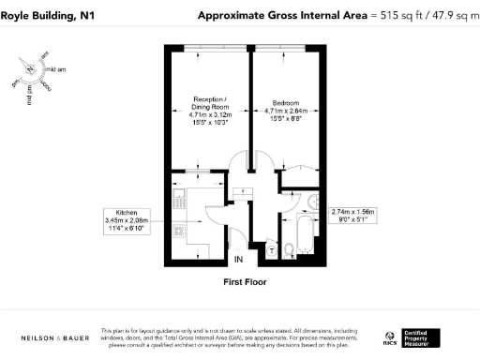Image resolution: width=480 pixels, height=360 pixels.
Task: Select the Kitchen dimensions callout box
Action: [x=130, y=221]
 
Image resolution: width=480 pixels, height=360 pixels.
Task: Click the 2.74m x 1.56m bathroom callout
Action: [x=352, y=217]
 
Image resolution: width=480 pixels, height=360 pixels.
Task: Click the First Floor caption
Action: [x=240, y=281]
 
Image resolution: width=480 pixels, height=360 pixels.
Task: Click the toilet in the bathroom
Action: [x=292, y=248]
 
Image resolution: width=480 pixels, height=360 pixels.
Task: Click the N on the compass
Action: [x=31, y=69]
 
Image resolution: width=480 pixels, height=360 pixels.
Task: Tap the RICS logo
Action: [x=388, y=337]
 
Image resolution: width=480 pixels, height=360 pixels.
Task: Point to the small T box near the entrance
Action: [x=271, y=250]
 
